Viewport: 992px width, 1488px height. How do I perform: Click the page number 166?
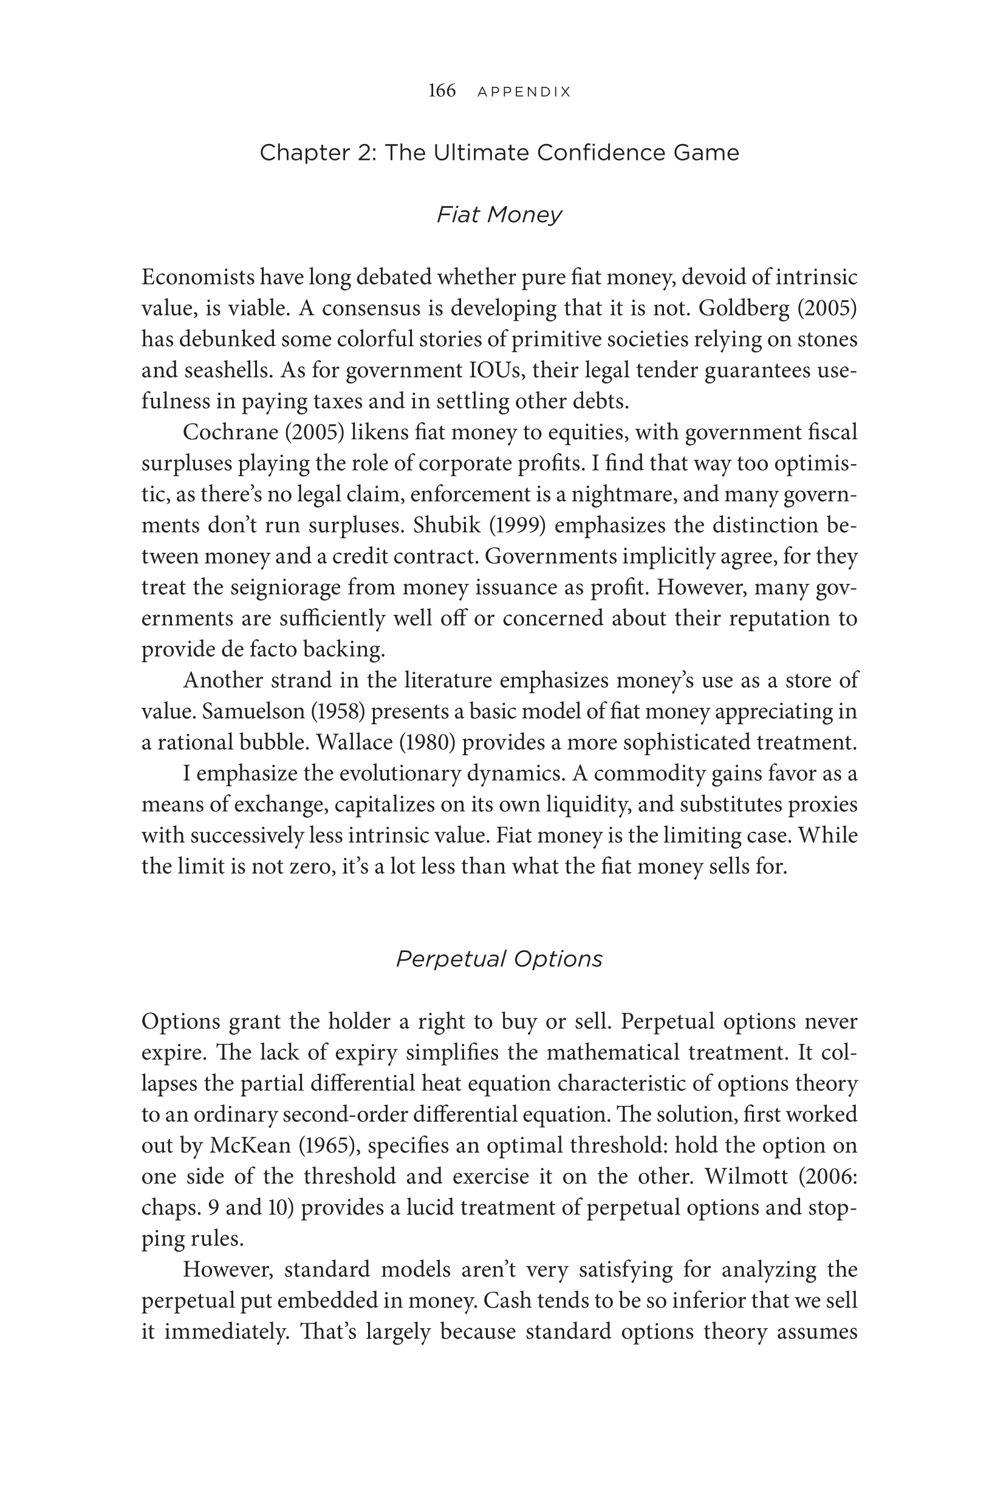pyautogui.click(x=442, y=91)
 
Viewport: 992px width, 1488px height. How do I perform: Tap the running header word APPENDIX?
pyautogui.click(x=524, y=92)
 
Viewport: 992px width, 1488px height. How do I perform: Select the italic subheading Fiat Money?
pyautogui.click(x=499, y=215)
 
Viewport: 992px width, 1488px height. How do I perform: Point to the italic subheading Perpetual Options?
pyautogui.click(x=499, y=959)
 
